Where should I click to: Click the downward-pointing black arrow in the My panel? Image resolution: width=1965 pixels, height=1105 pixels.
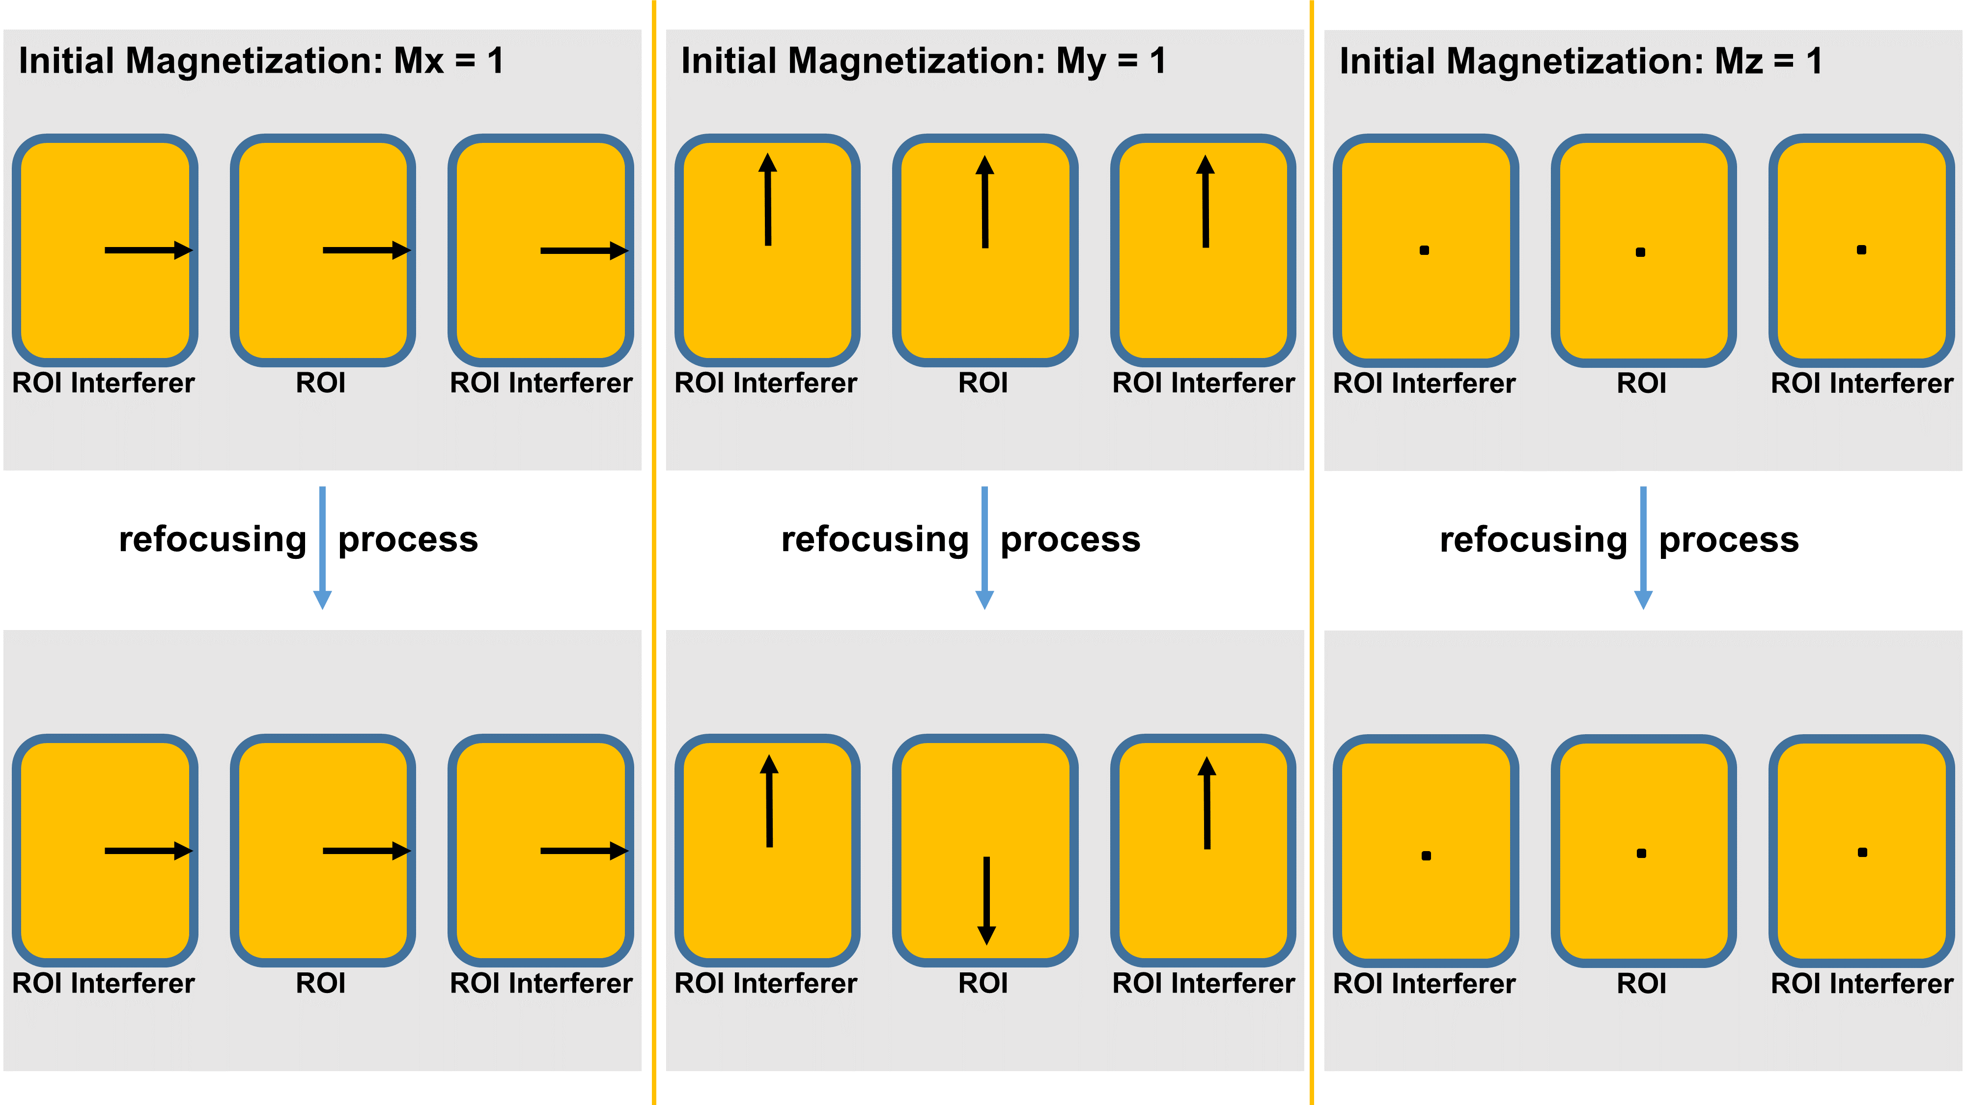coord(986,900)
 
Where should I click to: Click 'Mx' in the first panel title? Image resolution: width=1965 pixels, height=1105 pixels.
coord(418,61)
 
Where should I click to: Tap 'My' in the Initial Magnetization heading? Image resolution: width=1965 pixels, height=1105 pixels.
coord(1080,61)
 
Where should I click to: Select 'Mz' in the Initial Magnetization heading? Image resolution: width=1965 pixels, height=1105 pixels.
coord(1739,61)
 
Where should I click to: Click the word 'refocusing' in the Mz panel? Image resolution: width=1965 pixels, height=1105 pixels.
coord(1533,540)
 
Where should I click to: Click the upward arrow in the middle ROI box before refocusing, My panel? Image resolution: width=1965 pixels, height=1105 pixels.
coord(985,202)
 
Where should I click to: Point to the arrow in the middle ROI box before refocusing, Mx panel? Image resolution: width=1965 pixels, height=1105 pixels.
coord(366,250)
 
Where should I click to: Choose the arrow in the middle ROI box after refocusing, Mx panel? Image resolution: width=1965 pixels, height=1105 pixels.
coord(366,850)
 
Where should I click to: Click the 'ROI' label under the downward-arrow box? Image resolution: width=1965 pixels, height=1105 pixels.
coord(983,983)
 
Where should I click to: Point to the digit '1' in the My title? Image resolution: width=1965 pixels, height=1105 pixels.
coord(1158,61)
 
